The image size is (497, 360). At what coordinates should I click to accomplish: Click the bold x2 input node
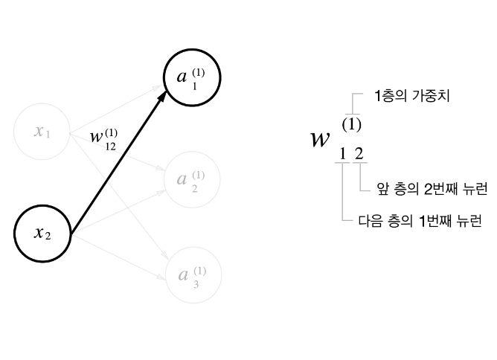click(42, 234)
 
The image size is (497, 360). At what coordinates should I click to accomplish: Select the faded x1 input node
click(42, 132)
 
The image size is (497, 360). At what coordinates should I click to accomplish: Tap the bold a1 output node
click(193, 78)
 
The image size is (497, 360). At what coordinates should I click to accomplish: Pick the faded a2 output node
click(193, 179)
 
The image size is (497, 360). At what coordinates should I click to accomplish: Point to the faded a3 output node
click(193, 276)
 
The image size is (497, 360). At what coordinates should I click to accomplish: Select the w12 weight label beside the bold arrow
click(103, 139)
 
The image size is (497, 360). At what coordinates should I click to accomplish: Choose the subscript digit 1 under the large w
click(342, 155)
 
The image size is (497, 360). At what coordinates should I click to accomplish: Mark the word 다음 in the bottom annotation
click(363, 221)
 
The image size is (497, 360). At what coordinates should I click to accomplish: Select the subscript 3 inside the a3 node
click(195, 283)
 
